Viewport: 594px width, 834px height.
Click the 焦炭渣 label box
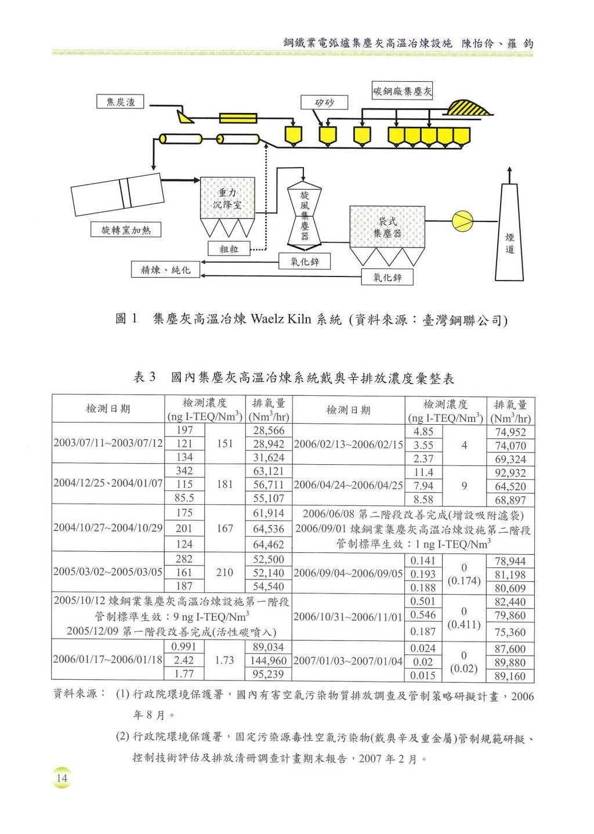pyautogui.click(x=120, y=101)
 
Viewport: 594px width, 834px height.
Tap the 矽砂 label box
pyautogui.click(x=324, y=103)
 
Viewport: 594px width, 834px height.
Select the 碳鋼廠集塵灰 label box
pyautogui.click(x=402, y=91)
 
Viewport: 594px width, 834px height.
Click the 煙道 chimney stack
pyautogui.click(x=509, y=232)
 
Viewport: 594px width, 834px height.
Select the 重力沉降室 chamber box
pyautogui.click(x=228, y=198)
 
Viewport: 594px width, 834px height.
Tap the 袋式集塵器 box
pyautogui.click(x=387, y=227)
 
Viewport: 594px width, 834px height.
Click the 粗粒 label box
pyautogui.click(x=229, y=249)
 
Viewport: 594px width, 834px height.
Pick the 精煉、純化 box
pyautogui.click(x=165, y=269)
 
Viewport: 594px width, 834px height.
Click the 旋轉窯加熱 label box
pyautogui.click(x=126, y=230)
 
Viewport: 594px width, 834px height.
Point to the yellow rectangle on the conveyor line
pyautogui.click(x=238, y=118)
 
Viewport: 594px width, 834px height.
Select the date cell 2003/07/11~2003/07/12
pyautogui.click(x=108, y=443)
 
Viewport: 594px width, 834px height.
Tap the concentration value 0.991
pyautogui.click(x=184, y=647)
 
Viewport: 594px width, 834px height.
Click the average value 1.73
pyautogui.click(x=224, y=660)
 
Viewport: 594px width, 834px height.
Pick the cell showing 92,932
pyautogui.click(x=510, y=473)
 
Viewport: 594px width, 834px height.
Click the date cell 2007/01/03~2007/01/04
pyautogui.click(x=348, y=661)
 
